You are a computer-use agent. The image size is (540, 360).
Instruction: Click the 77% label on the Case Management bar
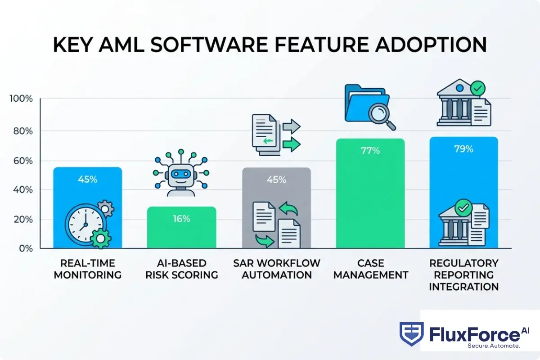pos(370,151)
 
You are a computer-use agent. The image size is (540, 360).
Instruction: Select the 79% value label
pos(463,149)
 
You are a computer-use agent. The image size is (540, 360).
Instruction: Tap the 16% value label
pos(181,219)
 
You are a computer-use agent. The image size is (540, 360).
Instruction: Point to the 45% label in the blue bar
pos(87,179)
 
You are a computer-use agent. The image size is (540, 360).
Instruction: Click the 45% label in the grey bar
pos(276,180)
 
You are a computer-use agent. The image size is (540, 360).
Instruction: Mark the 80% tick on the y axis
pos(22,131)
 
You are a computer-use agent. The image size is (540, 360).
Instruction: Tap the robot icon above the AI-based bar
pos(181,173)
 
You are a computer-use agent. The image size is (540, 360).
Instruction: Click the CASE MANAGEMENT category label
pos(370,269)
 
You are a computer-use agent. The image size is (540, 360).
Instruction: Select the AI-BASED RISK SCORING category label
pos(182,269)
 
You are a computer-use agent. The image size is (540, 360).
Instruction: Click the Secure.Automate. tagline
pos(494,346)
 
